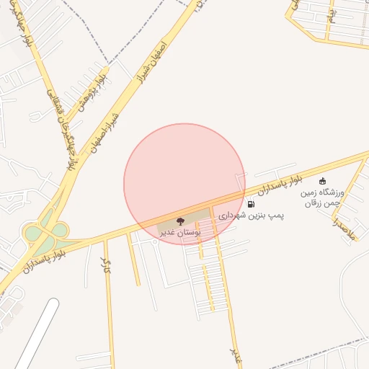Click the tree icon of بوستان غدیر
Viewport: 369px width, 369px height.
180,221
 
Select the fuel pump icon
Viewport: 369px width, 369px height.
250,205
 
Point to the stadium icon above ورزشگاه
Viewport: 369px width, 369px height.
322,181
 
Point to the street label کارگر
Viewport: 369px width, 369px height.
107,266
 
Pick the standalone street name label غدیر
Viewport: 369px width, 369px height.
234,352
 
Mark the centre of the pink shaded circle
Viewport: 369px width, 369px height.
184,184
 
